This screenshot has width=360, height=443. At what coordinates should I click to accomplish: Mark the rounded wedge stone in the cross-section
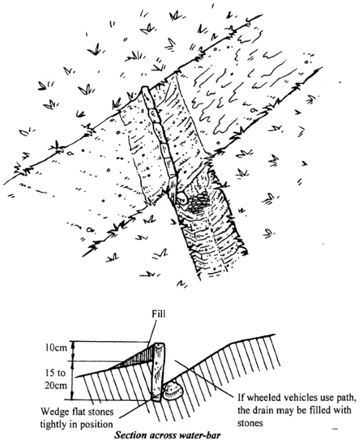pos(172,391)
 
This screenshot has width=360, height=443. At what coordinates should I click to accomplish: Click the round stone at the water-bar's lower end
pos(180,196)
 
